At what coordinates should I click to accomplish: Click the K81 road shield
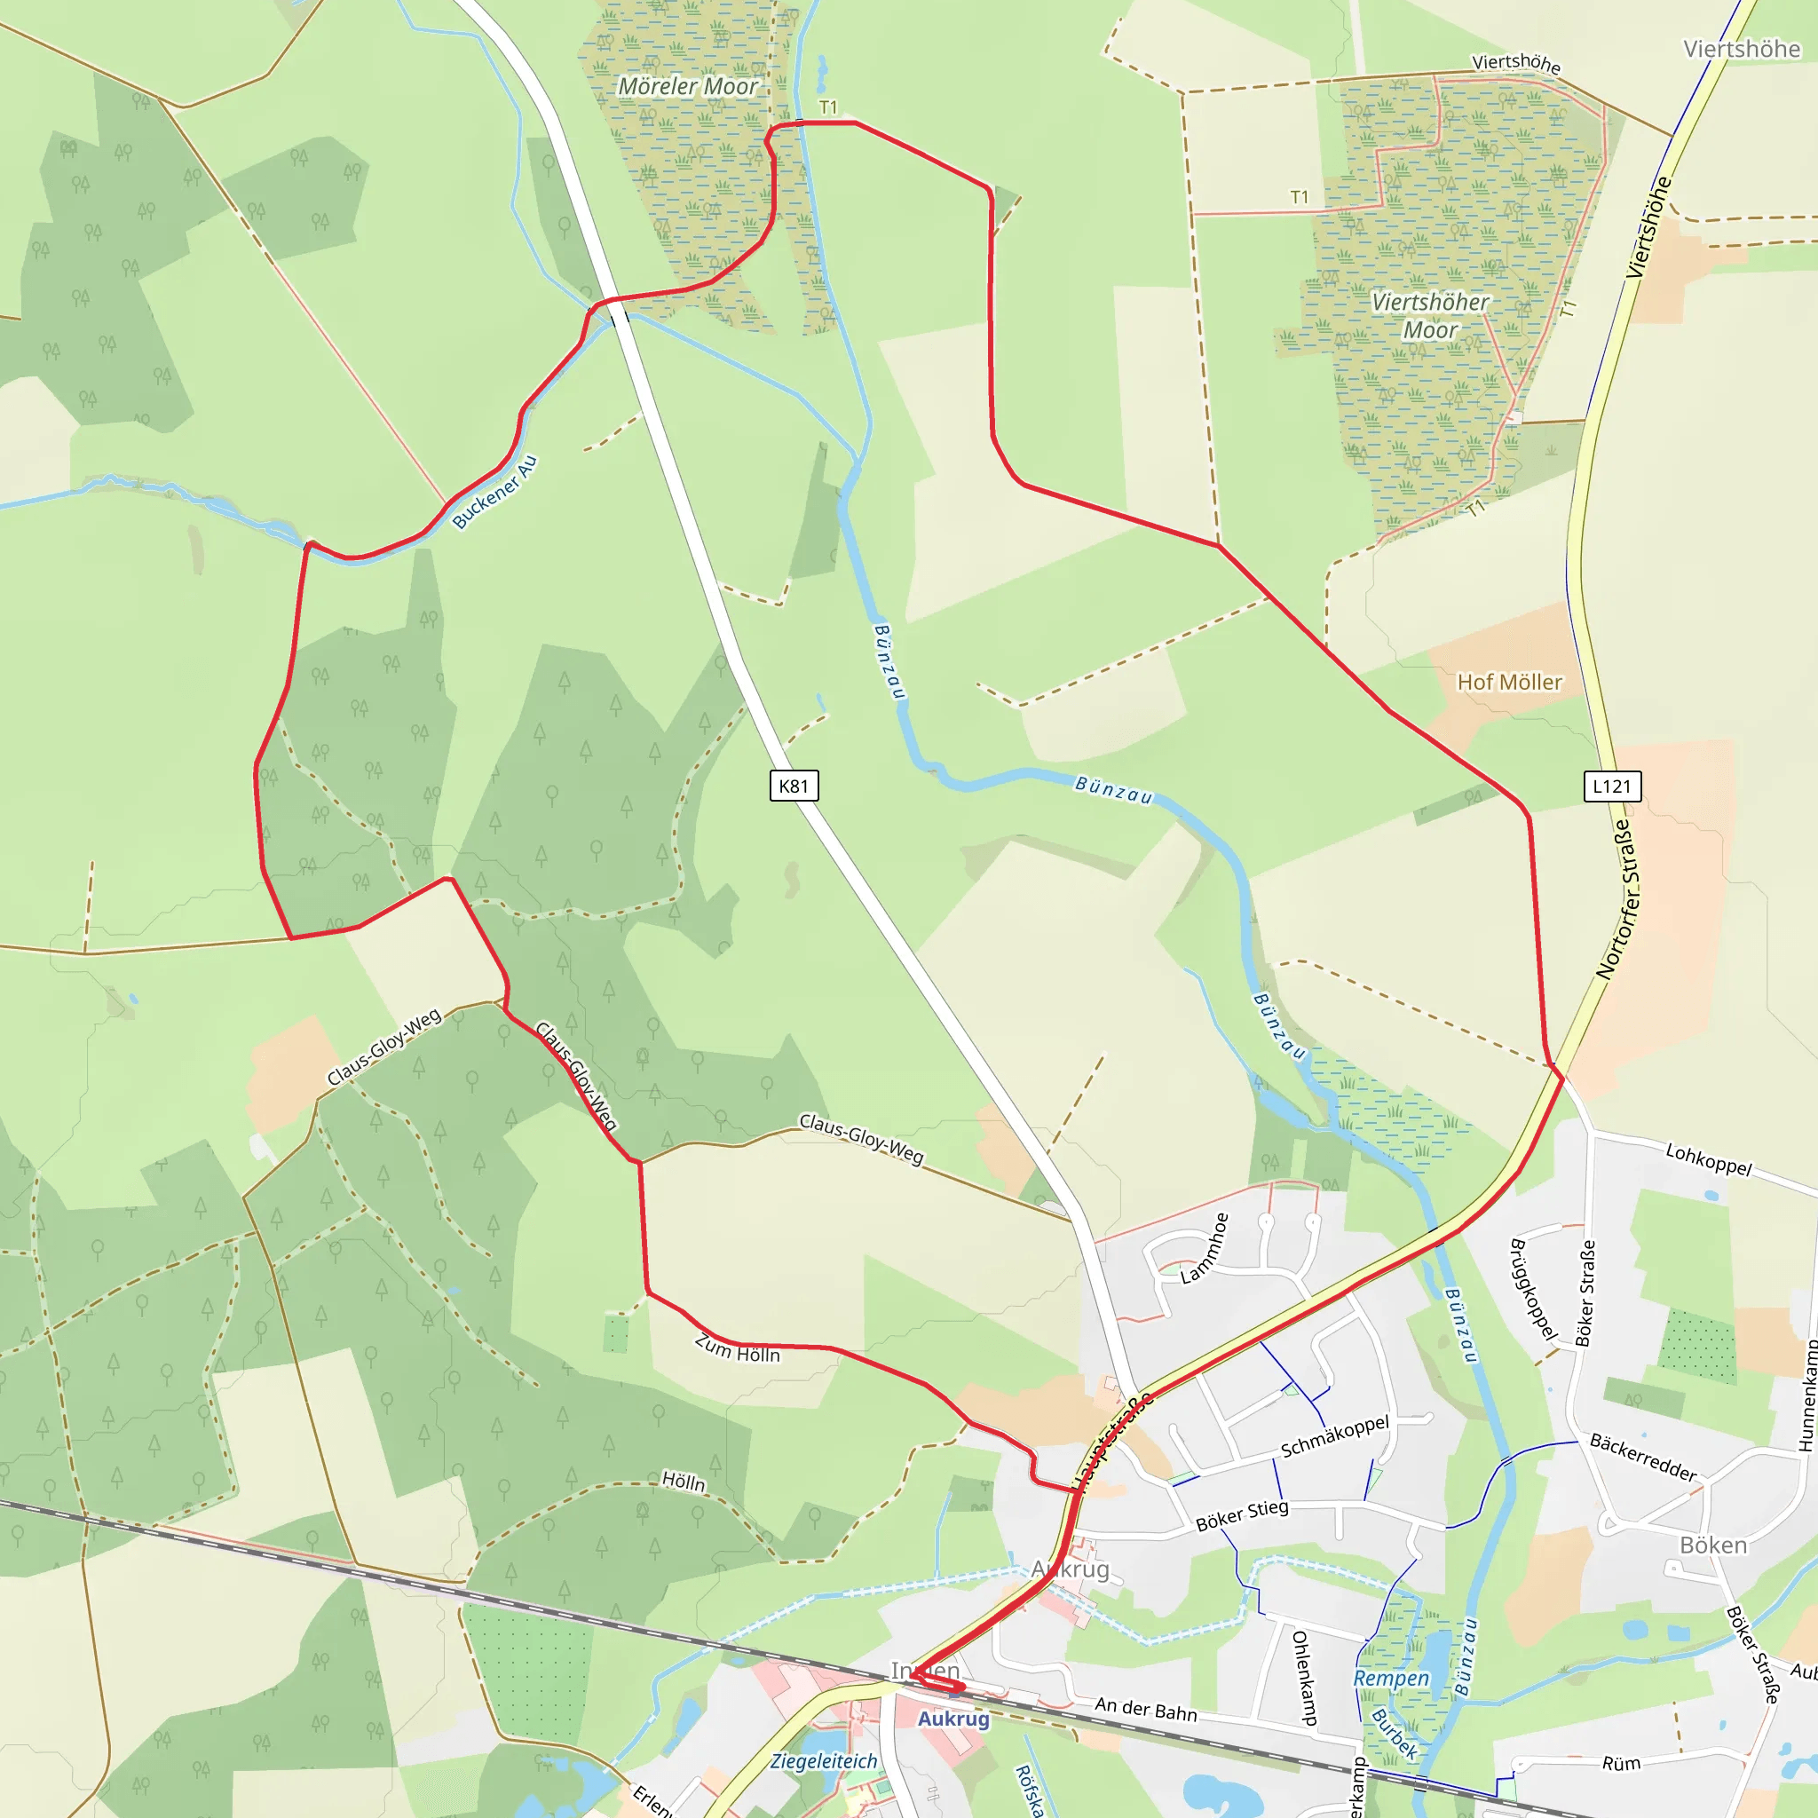pyautogui.click(x=794, y=786)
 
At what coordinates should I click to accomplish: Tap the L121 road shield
pyautogui.click(x=1611, y=786)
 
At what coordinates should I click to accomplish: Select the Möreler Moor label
pyautogui.click(x=688, y=87)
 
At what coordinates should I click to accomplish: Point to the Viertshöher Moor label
pyautogui.click(x=1429, y=316)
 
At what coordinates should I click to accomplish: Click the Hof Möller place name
pyautogui.click(x=1509, y=683)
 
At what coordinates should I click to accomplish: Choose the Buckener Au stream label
pyautogui.click(x=494, y=492)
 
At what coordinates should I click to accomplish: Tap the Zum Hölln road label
pyautogui.click(x=738, y=1349)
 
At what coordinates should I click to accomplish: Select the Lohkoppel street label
pyautogui.click(x=1709, y=1159)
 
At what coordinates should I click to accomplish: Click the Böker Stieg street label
pyautogui.click(x=1241, y=1515)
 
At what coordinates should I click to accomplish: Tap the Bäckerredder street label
pyautogui.click(x=1643, y=1458)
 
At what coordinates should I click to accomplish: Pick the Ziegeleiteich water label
pyautogui.click(x=825, y=1761)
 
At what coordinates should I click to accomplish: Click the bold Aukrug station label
pyautogui.click(x=953, y=1719)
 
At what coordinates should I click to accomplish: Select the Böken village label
pyautogui.click(x=1713, y=1545)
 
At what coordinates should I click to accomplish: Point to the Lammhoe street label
pyautogui.click(x=1205, y=1249)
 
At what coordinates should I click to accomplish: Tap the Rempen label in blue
pyautogui.click(x=1391, y=1679)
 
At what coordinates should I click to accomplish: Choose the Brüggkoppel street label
pyautogui.click(x=1532, y=1290)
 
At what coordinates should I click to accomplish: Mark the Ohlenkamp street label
pyautogui.click(x=1302, y=1678)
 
